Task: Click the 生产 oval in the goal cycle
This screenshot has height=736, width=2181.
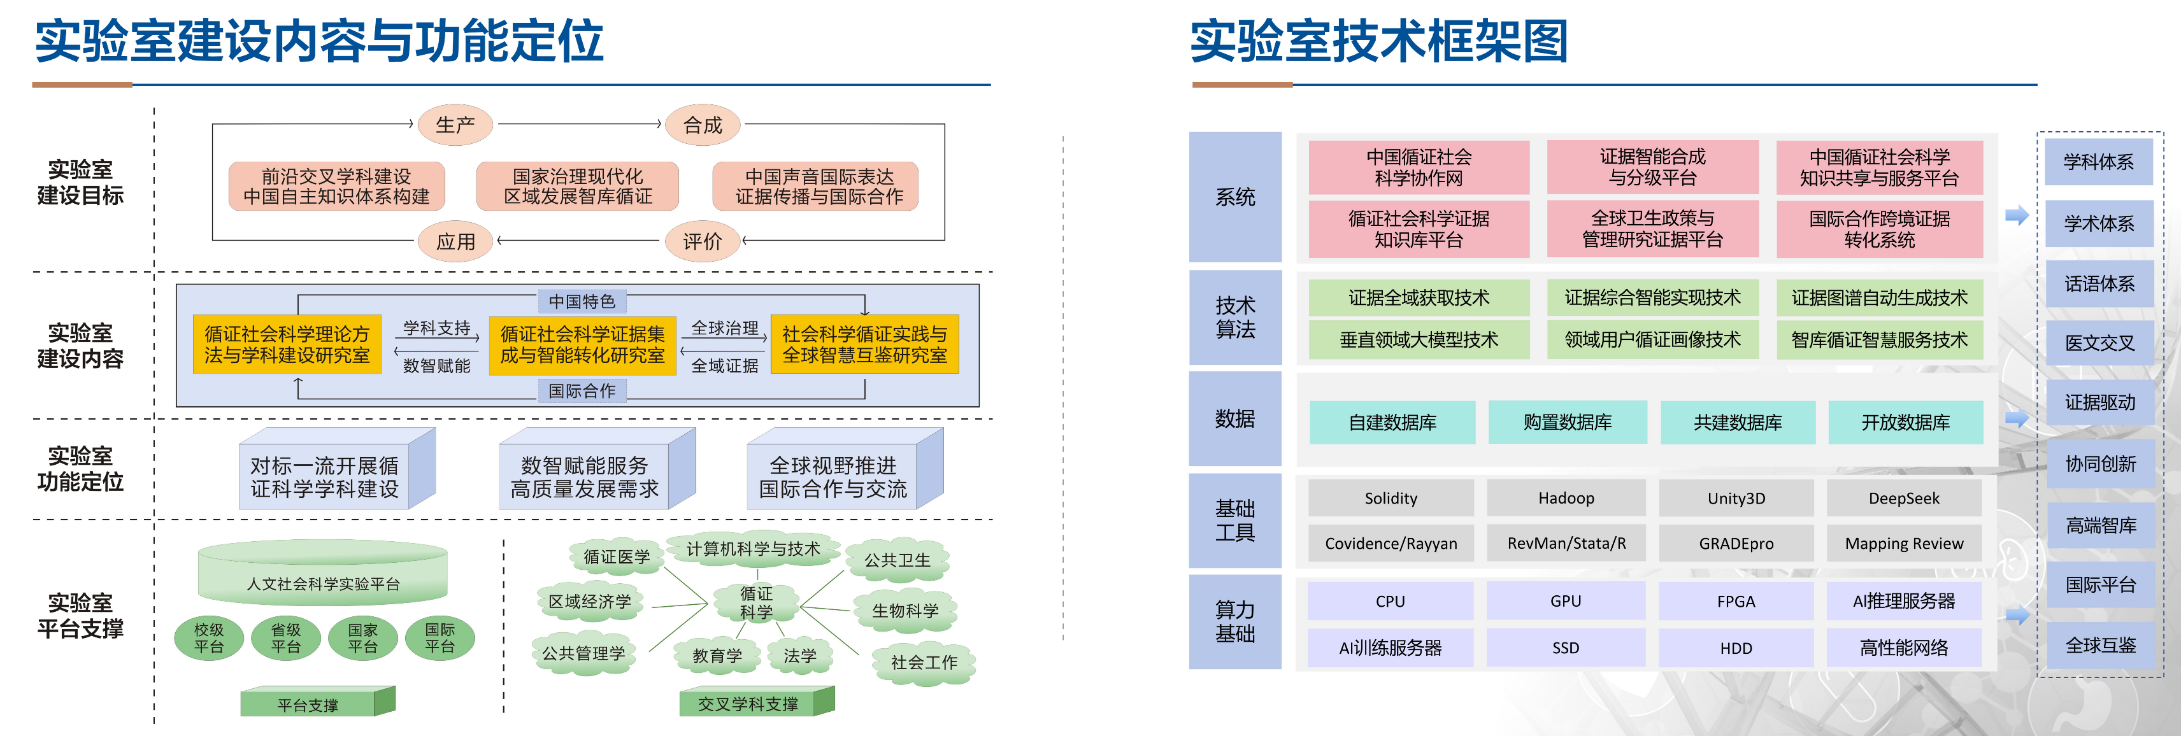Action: (x=455, y=125)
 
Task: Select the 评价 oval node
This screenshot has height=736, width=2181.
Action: (x=703, y=241)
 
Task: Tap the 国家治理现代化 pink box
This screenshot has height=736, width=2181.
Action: (x=578, y=186)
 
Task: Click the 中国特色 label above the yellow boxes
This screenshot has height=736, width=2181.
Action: (x=582, y=301)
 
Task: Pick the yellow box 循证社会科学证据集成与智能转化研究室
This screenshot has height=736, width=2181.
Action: (x=582, y=345)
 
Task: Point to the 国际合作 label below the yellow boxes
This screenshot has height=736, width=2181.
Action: (x=582, y=391)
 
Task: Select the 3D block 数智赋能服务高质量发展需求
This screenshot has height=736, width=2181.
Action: (x=585, y=477)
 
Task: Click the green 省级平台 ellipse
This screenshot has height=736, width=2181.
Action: (x=286, y=638)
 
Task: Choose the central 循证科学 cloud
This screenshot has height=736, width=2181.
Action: (x=756, y=602)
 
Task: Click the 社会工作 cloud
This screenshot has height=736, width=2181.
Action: (x=924, y=662)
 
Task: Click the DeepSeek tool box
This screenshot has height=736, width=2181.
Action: (x=1904, y=499)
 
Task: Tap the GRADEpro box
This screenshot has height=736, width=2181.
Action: (x=1736, y=543)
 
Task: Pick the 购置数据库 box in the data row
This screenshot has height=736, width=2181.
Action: (x=1567, y=422)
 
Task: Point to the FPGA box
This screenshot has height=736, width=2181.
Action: (x=1736, y=602)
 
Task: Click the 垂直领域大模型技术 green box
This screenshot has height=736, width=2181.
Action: (x=1419, y=339)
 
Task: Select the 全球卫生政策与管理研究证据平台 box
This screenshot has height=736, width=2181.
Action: (x=1652, y=229)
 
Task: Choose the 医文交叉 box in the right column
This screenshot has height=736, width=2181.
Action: (x=2099, y=343)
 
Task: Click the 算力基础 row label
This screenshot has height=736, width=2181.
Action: (x=1234, y=622)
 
